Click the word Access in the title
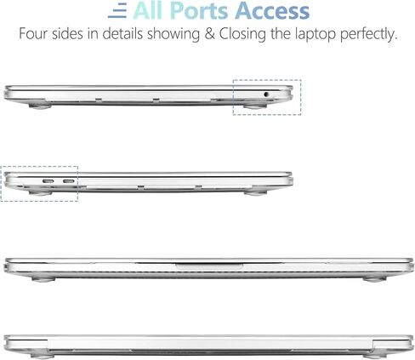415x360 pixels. [272, 11]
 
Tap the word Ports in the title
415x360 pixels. [199, 11]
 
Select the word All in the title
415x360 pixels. [148, 10]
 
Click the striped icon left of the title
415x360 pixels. [117, 12]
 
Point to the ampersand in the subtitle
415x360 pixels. [209, 34]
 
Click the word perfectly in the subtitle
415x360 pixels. [368, 34]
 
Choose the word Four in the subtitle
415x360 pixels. [33, 34]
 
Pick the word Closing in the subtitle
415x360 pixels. [242, 34]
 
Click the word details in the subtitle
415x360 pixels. [122, 34]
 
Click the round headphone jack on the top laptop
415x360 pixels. [266, 94]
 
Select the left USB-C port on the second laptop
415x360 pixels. [48, 181]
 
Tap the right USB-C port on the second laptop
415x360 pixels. [69, 181]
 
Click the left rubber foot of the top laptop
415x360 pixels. [40, 106]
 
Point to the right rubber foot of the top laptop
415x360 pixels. [255, 106]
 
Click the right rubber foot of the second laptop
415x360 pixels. [255, 193]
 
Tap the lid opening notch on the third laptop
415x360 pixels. [209, 266]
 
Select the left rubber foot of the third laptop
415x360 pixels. [43, 279]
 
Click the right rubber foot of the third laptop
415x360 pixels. [374, 279]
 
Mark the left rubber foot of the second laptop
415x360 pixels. [41, 193]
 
